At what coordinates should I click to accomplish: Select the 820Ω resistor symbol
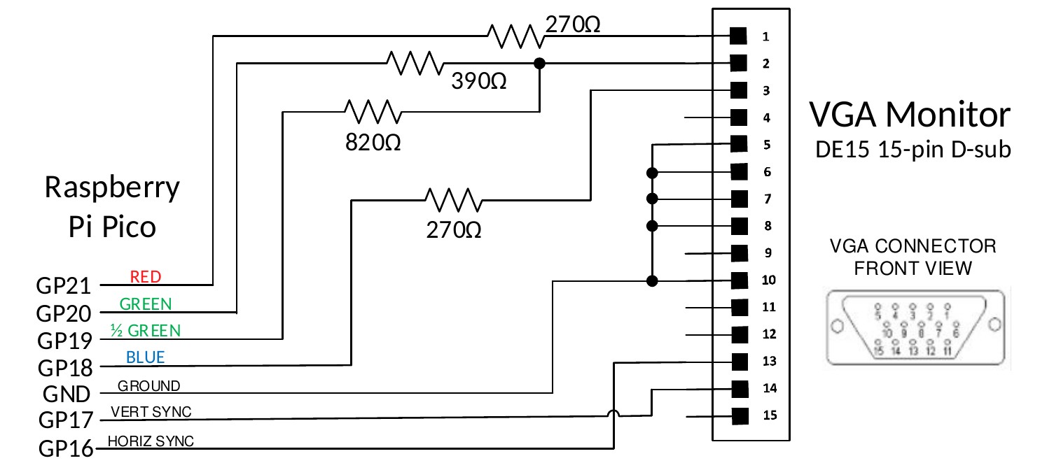pyautogui.click(x=373, y=111)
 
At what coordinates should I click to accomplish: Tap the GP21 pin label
pyautogui.click(x=64, y=286)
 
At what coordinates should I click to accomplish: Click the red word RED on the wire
pyautogui.click(x=146, y=277)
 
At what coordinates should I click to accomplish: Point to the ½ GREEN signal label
pyautogui.click(x=145, y=330)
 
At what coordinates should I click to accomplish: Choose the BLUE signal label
pyautogui.click(x=146, y=357)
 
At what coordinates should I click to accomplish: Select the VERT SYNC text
pyautogui.click(x=151, y=412)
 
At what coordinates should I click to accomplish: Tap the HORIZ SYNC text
pyautogui.click(x=151, y=441)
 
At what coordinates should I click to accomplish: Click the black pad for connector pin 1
pyautogui.click(x=738, y=36)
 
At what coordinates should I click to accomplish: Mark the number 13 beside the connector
pyautogui.click(x=770, y=362)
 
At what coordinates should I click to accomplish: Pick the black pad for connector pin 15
pyautogui.click(x=738, y=416)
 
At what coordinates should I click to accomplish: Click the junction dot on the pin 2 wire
pyautogui.click(x=539, y=63)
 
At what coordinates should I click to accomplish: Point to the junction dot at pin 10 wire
pyautogui.click(x=652, y=281)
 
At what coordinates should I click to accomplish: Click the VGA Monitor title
pyautogui.click(x=910, y=115)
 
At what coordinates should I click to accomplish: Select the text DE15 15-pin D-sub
pyautogui.click(x=913, y=150)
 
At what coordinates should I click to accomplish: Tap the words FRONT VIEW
pyautogui.click(x=913, y=268)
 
